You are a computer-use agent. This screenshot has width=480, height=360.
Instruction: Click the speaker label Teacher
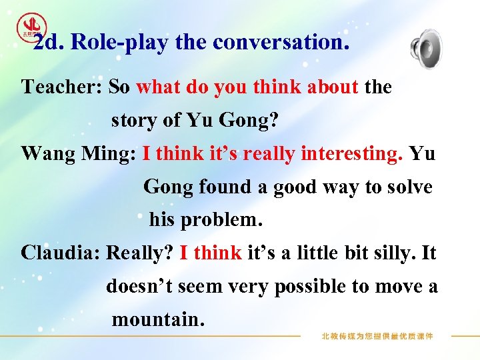61,87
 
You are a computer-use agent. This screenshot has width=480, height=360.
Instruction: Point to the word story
133,121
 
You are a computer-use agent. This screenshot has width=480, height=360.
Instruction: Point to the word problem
222,219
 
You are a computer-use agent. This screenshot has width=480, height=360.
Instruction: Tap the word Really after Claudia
139,253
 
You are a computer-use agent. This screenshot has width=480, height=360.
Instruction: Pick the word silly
397,253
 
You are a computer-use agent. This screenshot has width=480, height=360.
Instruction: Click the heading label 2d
47,43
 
